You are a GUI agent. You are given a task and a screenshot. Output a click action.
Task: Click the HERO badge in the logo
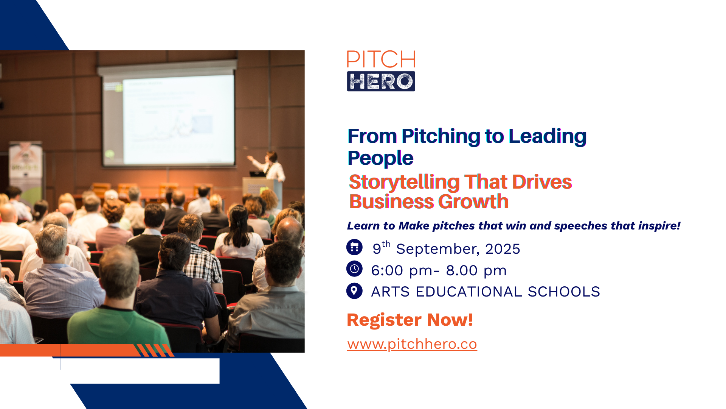(x=381, y=81)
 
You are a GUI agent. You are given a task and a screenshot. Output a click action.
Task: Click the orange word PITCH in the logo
(x=381, y=59)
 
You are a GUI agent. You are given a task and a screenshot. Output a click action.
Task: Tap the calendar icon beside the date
(x=354, y=247)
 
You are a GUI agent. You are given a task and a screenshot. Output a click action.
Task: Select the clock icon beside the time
(x=354, y=269)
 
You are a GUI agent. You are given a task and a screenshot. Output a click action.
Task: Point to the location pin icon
(x=354, y=291)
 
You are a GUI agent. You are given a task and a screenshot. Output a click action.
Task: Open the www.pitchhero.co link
(x=412, y=344)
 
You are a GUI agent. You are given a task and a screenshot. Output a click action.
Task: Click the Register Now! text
(x=410, y=320)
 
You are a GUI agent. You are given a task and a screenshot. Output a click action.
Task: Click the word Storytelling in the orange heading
(x=404, y=182)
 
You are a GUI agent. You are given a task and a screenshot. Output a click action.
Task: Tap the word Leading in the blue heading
(x=548, y=137)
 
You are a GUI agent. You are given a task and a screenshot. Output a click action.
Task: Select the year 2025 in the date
(x=503, y=249)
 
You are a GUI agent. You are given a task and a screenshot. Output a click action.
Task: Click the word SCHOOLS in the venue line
(x=564, y=292)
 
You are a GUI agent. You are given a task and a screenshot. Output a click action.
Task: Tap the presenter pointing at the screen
(x=269, y=167)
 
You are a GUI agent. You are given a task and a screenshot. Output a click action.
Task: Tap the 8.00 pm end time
(x=476, y=271)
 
